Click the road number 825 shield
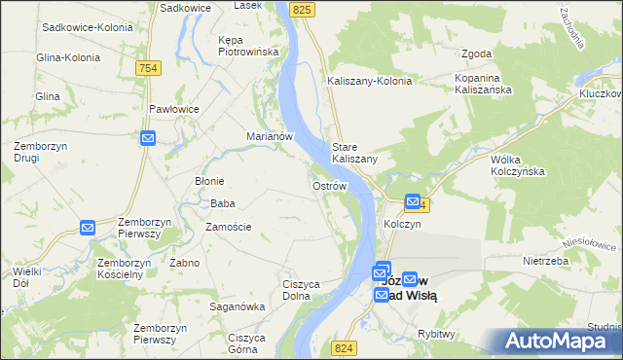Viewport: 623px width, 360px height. click(x=303, y=9)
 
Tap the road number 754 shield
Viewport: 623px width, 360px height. click(x=148, y=67)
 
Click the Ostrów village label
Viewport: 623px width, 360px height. click(x=329, y=185)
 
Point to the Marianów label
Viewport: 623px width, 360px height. click(x=270, y=136)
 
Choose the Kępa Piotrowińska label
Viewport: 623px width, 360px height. click(x=249, y=45)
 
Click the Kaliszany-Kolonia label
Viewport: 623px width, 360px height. click(x=369, y=81)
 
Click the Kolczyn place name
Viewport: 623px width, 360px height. click(x=402, y=224)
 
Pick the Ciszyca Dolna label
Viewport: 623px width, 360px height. click(x=302, y=290)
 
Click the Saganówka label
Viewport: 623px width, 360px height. click(x=238, y=306)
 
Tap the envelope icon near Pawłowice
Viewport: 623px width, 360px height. click(x=147, y=139)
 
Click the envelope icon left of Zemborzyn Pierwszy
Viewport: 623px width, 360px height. click(x=87, y=228)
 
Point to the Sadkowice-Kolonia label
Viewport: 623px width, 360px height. click(x=87, y=27)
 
